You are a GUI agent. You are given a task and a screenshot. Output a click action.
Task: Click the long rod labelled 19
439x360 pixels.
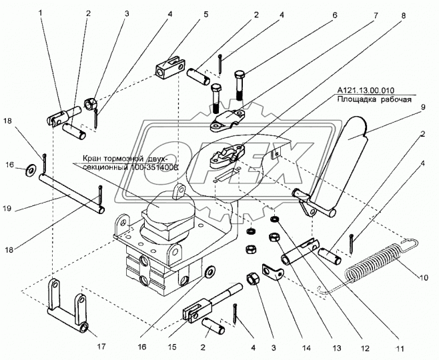point(70,194)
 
